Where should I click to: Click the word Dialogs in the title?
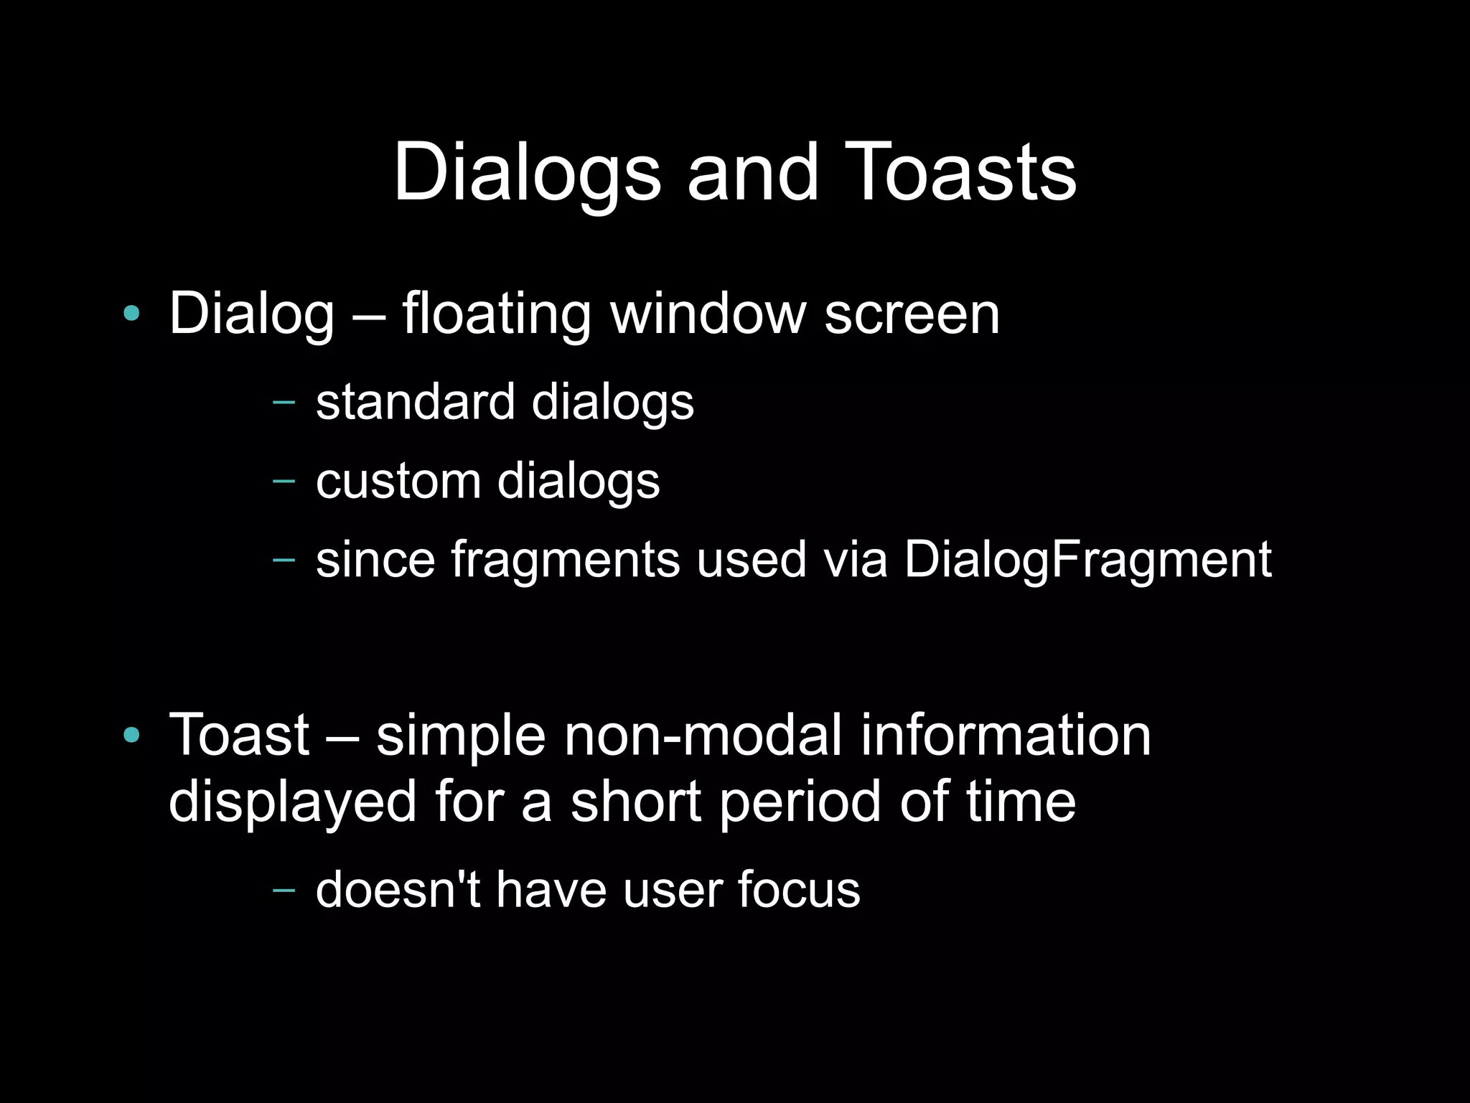tap(526, 173)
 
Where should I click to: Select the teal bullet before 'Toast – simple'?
tap(131, 734)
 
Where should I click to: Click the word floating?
tap(496, 314)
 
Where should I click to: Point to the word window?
tap(708, 314)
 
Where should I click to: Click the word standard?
tap(415, 401)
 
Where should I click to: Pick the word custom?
tap(398, 481)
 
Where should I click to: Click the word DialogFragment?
tap(1087, 560)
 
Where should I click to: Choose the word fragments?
tap(565, 560)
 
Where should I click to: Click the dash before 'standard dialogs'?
tap(284, 401)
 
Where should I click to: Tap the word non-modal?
tap(702, 735)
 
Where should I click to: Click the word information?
tap(1006, 735)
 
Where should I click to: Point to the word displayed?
tap(292, 802)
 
